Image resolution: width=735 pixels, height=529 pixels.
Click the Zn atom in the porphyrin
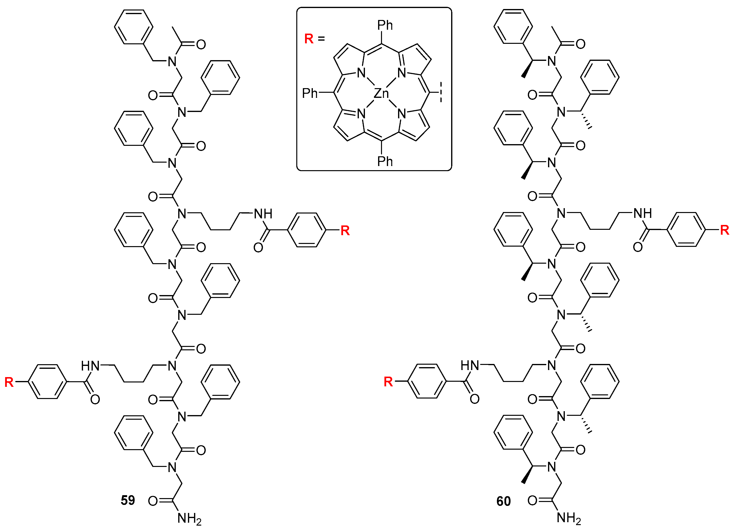(381, 94)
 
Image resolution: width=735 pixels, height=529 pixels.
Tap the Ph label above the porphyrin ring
(385, 25)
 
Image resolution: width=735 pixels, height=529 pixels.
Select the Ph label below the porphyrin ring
(385, 161)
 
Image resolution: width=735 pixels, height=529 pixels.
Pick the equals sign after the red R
(321, 39)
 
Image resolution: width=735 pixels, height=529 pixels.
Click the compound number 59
(128, 500)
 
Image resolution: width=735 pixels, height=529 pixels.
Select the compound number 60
(503, 501)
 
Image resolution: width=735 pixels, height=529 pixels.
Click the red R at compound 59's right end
(345, 231)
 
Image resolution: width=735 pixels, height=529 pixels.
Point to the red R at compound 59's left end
(9, 382)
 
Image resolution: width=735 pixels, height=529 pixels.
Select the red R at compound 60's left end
(388, 382)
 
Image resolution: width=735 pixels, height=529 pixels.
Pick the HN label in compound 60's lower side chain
(470, 366)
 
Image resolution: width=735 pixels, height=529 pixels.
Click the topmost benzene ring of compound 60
(513, 26)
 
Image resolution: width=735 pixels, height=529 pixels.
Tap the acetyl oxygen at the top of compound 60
(580, 44)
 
